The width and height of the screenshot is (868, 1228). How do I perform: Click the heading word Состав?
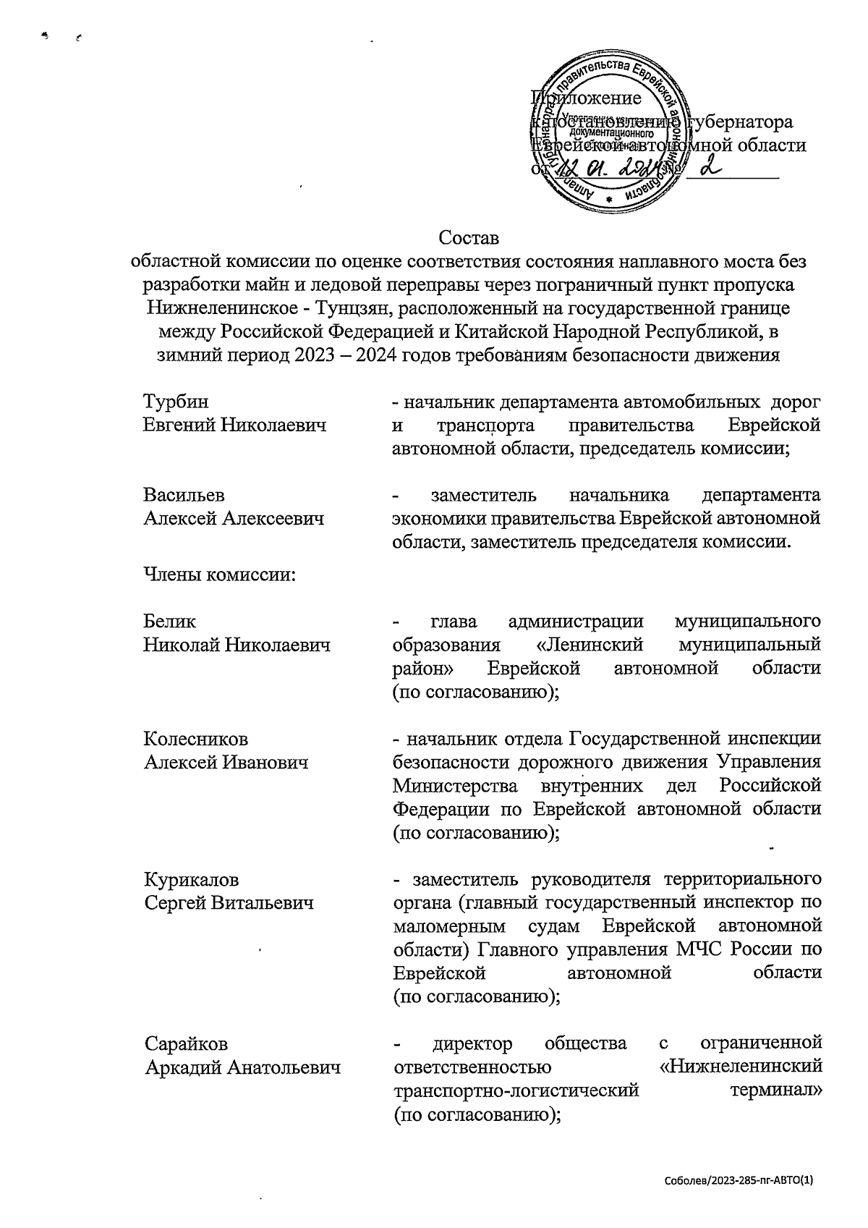(x=469, y=237)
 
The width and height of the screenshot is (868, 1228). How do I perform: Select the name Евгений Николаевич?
(x=234, y=425)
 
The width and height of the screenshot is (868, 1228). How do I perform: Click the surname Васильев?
(x=184, y=495)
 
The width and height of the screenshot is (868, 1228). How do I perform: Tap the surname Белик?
(x=169, y=622)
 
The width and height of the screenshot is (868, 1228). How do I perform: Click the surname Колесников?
(x=195, y=739)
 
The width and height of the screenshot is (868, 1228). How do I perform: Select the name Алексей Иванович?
(x=226, y=762)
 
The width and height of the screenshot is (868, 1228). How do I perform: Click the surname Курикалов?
(x=191, y=880)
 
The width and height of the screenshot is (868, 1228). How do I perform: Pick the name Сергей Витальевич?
(x=229, y=903)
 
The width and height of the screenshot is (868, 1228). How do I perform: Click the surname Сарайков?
(x=186, y=1043)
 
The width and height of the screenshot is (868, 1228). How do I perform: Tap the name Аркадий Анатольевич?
(x=242, y=1067)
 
